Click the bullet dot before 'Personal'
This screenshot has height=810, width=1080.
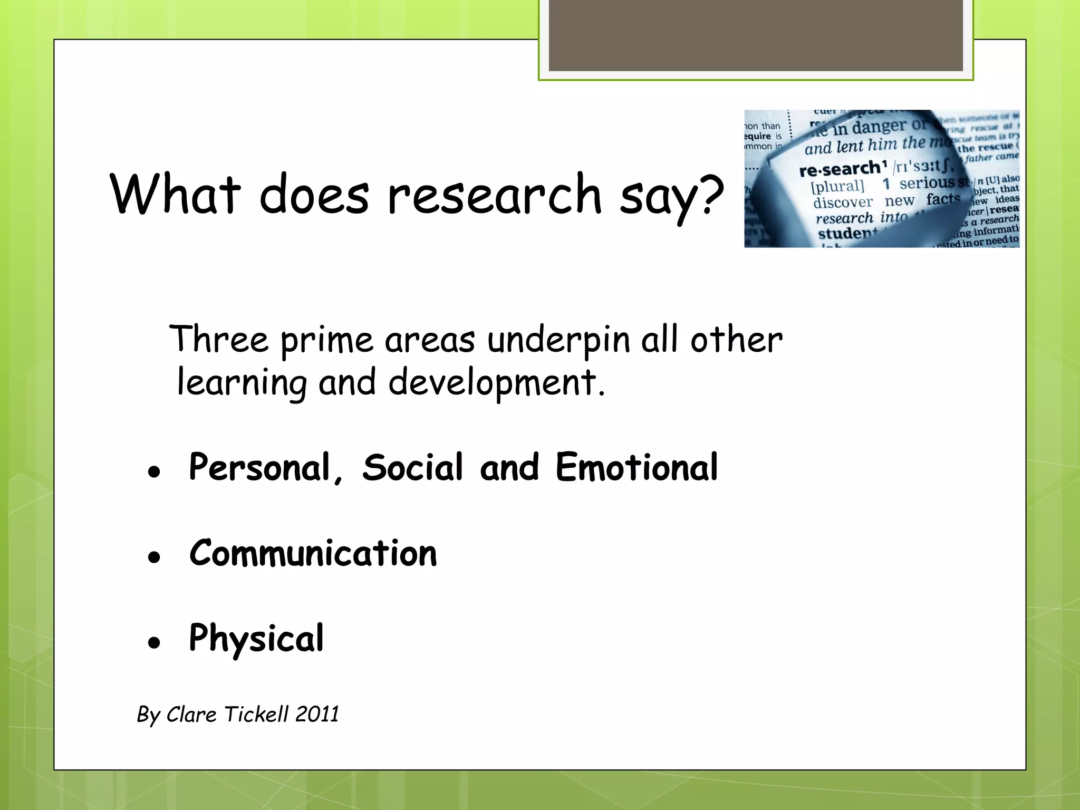coord(154,471)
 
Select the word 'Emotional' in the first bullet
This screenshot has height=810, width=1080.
coord(637,467)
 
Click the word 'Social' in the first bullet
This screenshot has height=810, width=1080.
coord(412,467)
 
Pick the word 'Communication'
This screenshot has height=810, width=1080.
coord(313,553)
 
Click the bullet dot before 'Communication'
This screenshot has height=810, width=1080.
coord(154,557)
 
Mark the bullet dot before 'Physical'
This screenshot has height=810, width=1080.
coord(154,642)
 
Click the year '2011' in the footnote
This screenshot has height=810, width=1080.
coord(317,714)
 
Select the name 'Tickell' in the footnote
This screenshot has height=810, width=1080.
coord(256,714)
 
